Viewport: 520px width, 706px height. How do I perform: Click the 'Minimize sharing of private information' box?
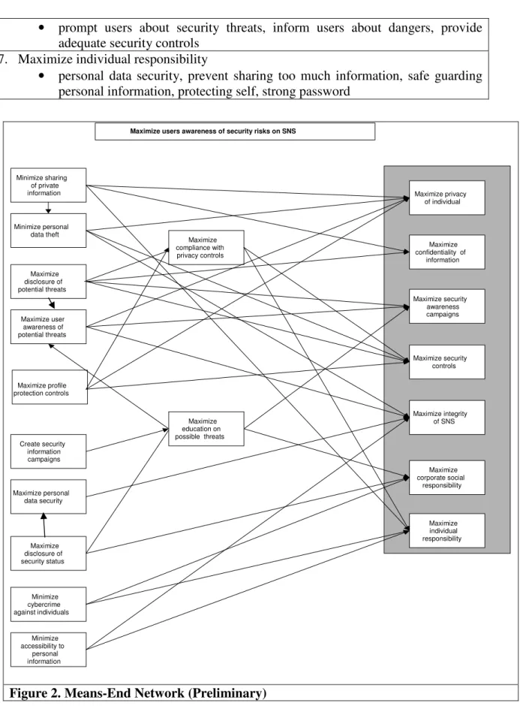(48, 185)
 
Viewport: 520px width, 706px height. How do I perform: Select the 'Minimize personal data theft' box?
(48, 231)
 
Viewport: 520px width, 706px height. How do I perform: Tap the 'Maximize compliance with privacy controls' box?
(206, 248)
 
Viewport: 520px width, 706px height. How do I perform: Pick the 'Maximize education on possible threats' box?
(206, 429)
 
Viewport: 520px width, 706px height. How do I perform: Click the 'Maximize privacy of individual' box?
(446, 198)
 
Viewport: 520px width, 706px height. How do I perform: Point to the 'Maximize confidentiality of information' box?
(446, 252)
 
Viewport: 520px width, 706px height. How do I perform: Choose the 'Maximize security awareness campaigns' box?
(446, 306)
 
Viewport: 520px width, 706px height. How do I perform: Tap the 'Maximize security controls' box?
(446, 362)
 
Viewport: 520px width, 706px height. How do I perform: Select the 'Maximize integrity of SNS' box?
(446, 418)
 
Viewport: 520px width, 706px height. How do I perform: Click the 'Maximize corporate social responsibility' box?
(446, 477)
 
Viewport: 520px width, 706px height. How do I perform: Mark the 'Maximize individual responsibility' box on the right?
(446, 530)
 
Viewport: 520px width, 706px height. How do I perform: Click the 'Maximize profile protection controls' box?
(50, 388)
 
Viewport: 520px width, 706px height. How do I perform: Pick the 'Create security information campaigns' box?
(48, 451)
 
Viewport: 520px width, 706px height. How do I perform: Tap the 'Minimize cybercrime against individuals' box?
(48, 605)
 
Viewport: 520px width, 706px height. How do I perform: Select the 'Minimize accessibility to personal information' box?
(48, 650)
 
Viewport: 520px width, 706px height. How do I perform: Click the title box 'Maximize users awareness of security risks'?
(235, 131)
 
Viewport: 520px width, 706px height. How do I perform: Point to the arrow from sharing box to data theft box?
(48, 208)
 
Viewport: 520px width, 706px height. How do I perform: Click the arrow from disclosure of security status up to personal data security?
(44, 525)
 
